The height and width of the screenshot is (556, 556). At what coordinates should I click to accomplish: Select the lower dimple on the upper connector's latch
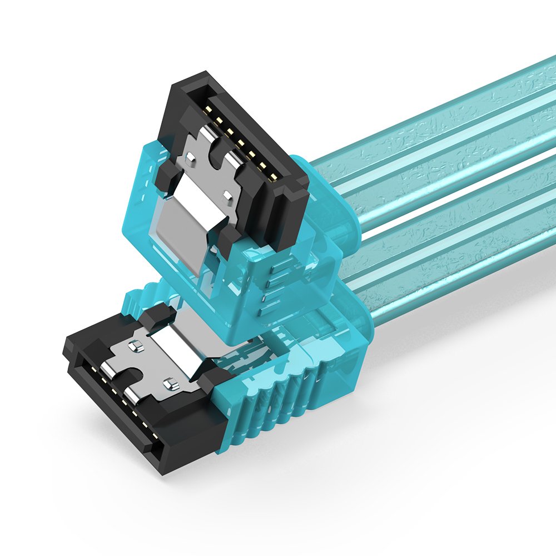click(x=228, y=195)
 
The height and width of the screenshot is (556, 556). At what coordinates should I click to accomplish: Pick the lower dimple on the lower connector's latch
click(x=168, y=384)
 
